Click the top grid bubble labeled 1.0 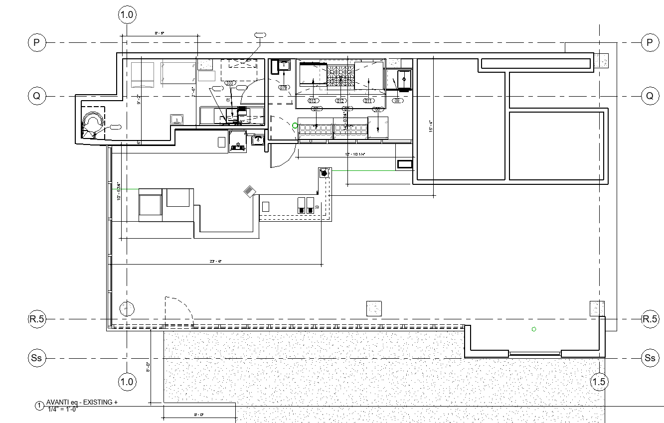click(127, 15)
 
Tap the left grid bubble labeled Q click(36, 96)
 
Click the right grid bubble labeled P click(650, 42)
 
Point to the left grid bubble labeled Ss click(36, 358)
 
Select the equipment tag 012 click(341, 101)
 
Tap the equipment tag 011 click(368, 101)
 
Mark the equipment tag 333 click(230, 83)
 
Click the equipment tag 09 click(397, 101)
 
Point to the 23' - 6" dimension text click(216, 261)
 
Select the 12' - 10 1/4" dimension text click(356, 154)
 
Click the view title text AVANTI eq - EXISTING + click(82, 403)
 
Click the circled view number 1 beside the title click(39, 406)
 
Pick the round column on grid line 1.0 click(127, 309)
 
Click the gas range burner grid click(340, 76)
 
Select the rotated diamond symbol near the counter click(250, 191)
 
